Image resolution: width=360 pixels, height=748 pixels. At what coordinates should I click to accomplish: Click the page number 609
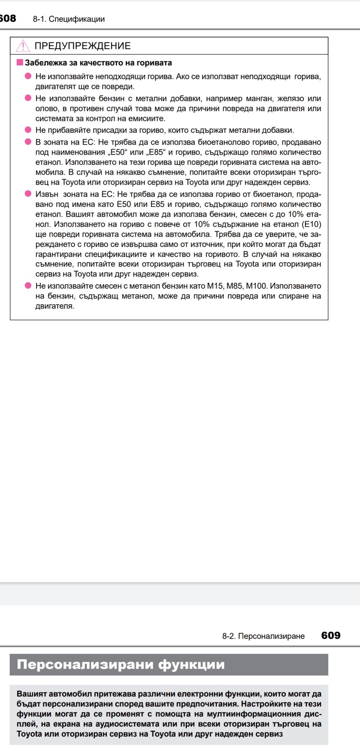coord(331,635)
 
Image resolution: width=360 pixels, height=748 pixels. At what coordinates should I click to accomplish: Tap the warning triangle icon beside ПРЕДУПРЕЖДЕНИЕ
coord(23,46)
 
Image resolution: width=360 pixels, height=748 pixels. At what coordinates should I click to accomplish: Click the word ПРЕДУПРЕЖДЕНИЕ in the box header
coord(83,46)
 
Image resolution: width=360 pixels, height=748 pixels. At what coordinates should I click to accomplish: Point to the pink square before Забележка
coord(20,62)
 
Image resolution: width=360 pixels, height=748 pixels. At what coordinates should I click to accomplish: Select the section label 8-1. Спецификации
coord(69,19)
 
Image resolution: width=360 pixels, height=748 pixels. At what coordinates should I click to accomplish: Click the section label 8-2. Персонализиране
coord(263,636)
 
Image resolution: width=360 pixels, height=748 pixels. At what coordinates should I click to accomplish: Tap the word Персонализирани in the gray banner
coord(84,664)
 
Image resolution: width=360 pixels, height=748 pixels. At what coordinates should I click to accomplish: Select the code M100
coord(256,286)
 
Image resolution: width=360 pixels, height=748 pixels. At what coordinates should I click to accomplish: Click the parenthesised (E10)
coord(311,224)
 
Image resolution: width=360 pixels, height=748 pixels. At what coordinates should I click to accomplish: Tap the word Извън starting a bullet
coord(47,194)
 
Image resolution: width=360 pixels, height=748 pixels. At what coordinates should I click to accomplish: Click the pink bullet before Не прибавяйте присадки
coord(28,130)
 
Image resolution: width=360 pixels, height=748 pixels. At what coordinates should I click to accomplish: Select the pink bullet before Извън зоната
coord(28,194)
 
